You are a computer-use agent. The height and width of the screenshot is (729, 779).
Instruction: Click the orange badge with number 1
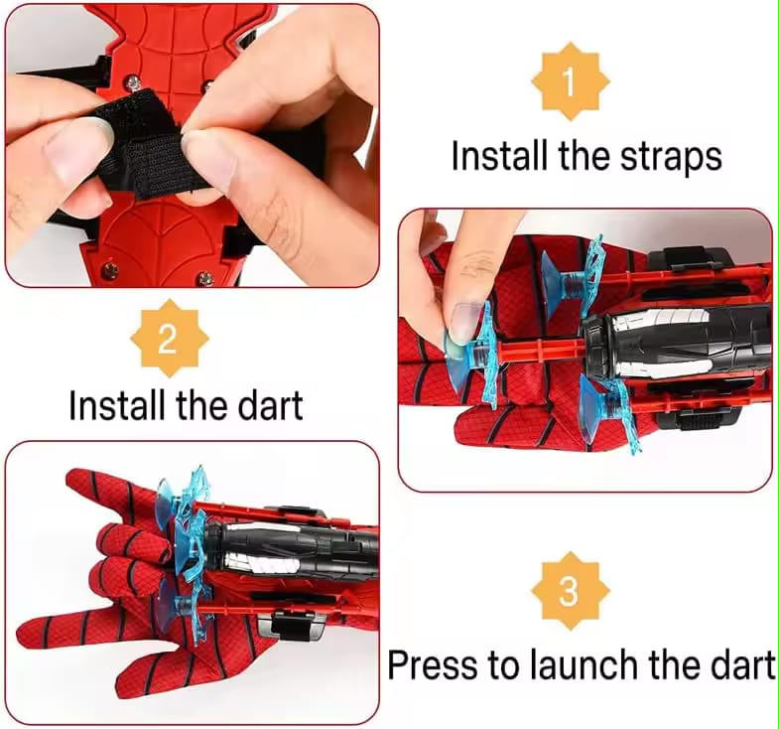click(x=570, y=82)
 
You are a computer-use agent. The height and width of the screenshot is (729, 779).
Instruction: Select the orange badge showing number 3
click(x=569, y=592)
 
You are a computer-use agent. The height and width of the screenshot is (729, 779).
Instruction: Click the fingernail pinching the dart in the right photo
click(x=464, y=323)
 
